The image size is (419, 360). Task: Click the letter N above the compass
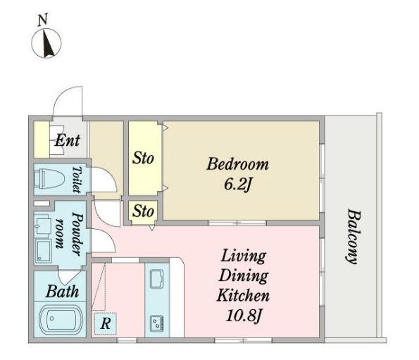pos(43,20)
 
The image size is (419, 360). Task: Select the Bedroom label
pos(237,164)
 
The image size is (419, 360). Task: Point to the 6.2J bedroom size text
pos(237,184)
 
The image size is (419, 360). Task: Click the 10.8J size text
pos(243,316)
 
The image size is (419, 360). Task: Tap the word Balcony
pos(354,236)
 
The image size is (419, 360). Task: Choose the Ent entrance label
pos(67,140)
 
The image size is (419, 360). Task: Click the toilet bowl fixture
pos(50,178)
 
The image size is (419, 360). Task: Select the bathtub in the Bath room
pos(61,319)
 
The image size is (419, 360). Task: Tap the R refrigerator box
pos(106,323)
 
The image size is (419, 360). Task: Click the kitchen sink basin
pos(157,279)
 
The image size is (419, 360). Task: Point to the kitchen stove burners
pos(157,323)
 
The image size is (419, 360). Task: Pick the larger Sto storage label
pos(143,158)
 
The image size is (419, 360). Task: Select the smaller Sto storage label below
pos(143,211)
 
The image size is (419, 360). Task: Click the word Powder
pos(77,234)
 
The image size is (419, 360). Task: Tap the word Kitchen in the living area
pos(243,296)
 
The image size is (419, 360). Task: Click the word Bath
pos(62,292)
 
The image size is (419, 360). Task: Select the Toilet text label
pos(77,180)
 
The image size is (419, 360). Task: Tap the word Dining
pos(243,276)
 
